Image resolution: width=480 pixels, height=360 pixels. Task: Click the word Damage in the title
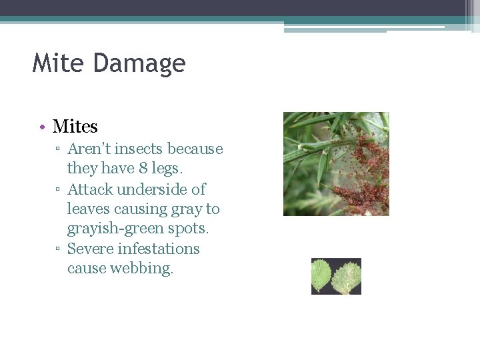(139, 64)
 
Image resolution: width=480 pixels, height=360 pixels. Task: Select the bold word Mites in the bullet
(75, 126)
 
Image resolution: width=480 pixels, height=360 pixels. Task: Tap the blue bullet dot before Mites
(41, 127)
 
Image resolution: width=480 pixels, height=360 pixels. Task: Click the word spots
(189, 229)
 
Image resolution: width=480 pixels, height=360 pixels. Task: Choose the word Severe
(91, 249)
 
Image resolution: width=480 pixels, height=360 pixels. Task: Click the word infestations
(159, 249)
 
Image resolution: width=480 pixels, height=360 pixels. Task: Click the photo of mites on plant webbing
(336, 163)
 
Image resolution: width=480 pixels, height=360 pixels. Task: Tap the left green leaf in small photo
(322, 275)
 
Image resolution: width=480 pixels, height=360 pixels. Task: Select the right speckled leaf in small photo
(347, 277)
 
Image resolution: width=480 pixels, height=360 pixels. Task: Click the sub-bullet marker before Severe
(59, 249)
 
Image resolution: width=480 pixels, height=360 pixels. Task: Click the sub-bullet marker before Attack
(59, 189)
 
